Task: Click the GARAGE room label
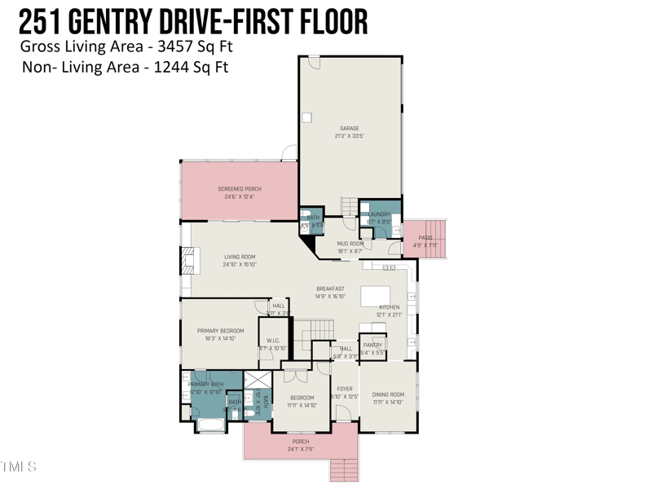(x=349, y=128)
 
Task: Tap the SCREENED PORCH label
(x=240, y=188)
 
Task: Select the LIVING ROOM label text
(x=240, y=257)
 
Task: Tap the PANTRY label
(x=372, y=345)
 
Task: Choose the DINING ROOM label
(x=388, y=394)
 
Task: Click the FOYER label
(x=345, y=389)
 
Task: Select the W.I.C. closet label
(x=272, y=341)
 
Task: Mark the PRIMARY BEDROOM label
(x=220, y=330)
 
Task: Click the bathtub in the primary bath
(x=211, y=425)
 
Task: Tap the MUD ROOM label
(x=350, y=244)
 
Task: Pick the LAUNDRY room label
(x=380, y=214)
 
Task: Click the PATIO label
(x=425, y=238)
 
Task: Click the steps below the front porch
(x=344, y=470)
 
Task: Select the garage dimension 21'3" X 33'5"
(x=349, y=136)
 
